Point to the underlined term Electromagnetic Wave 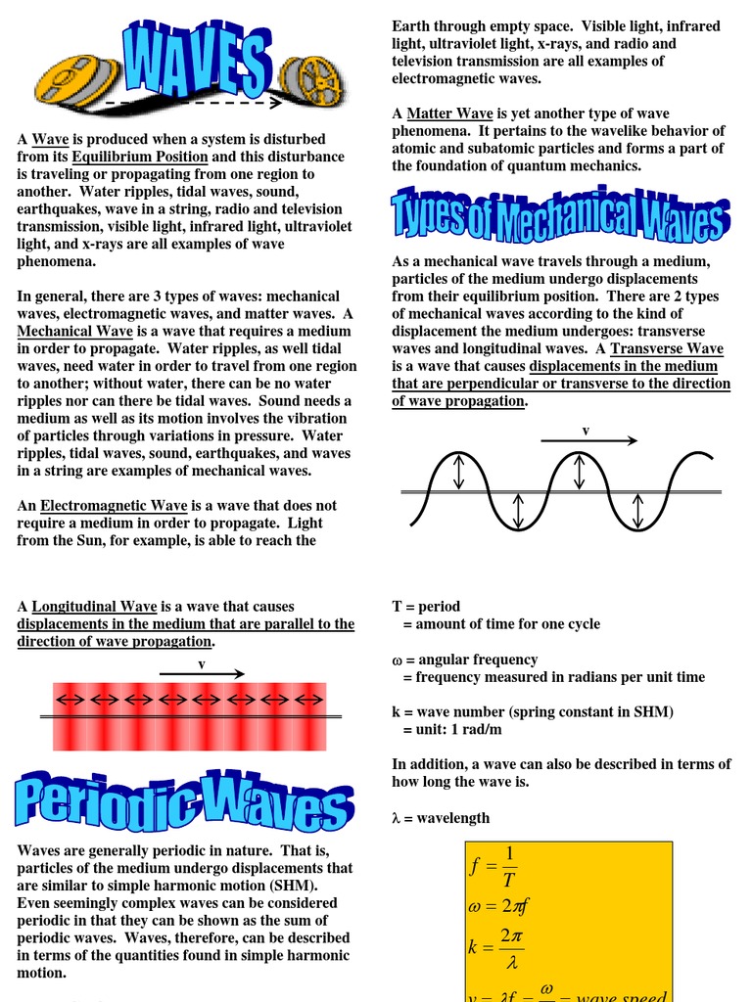[107, 505]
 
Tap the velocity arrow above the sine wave [587, 441]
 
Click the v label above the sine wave [586, 430]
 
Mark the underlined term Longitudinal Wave [109, 607]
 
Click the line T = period [426, 607]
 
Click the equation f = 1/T [494, 866]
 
